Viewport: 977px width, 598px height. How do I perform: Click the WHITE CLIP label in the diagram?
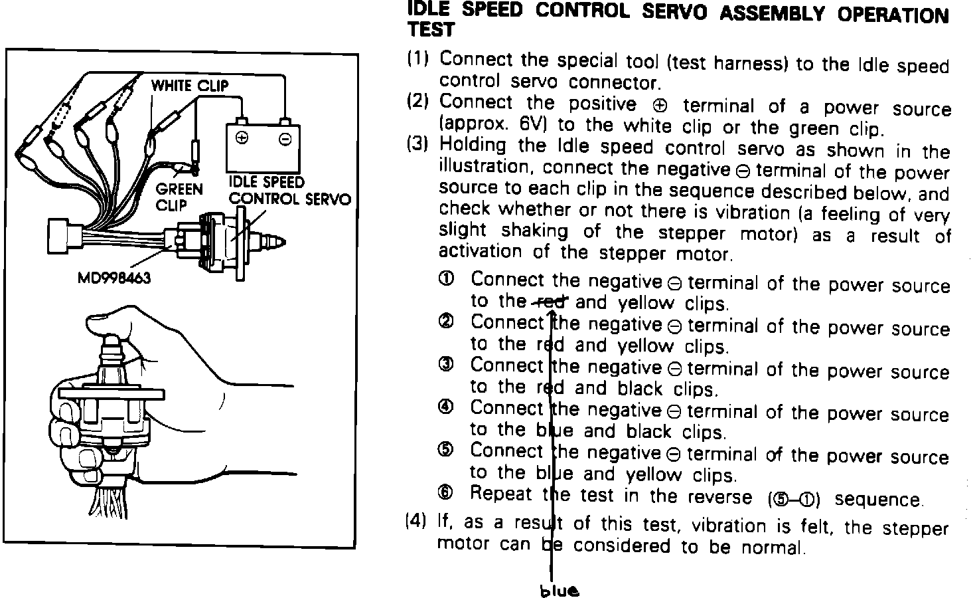pyautogui.click(x=189, y=86)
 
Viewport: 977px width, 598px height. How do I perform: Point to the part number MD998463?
pyautogui.click(x=115, y=277)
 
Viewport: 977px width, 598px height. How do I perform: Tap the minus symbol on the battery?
pyautogui.click(x=285, y=139)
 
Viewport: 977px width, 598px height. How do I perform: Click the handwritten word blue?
pyautogui.click(x=559, y=591)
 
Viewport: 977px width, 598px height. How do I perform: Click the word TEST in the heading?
pyautogui.click(x=431, y=30)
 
